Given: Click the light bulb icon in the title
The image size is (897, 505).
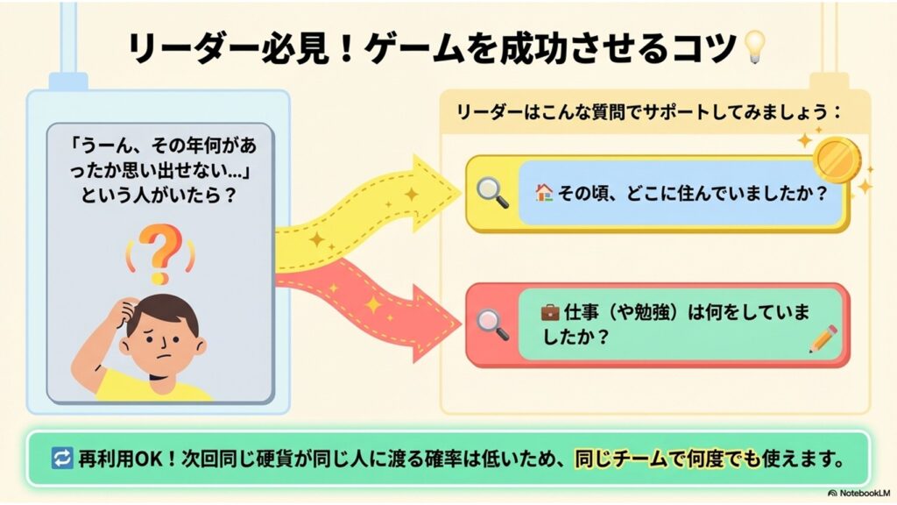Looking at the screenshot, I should [x=752, y=47].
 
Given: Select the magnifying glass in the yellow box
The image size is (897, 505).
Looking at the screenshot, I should [x=493, y=193].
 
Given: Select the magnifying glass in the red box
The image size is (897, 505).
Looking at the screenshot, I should [x=493, y=324].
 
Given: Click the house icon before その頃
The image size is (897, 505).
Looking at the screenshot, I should [x=544, y=193].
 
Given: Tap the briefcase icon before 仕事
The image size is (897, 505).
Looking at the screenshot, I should [x=549, y=311].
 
